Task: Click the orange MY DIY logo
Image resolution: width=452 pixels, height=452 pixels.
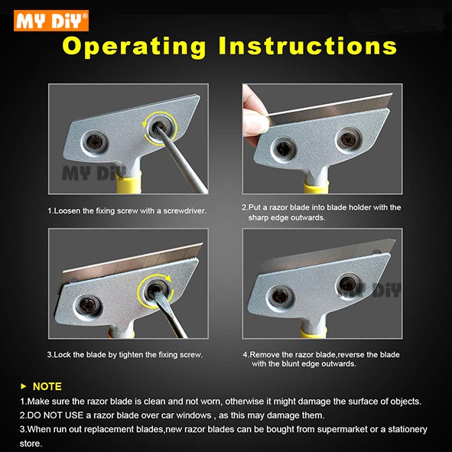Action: point(51,21)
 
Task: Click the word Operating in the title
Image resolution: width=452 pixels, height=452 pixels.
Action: point(135,47)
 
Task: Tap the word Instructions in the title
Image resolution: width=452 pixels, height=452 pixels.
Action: point(308,46)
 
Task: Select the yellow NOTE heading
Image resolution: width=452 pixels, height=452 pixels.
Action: point(47,386)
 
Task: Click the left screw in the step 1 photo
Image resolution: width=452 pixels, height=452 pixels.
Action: point(94,143)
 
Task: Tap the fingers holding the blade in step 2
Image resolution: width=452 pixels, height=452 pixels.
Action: point(255,115)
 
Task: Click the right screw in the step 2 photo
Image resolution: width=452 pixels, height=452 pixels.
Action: point(348,140)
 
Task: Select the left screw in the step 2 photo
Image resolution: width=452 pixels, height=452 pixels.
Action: point(284,149)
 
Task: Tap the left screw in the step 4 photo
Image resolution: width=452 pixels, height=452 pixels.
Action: point(279,298)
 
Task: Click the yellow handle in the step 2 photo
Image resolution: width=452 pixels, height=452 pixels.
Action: point(316,187)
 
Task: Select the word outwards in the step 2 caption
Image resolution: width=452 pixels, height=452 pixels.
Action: point(308,217)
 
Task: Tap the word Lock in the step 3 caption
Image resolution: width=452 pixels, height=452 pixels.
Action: point(63,355)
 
